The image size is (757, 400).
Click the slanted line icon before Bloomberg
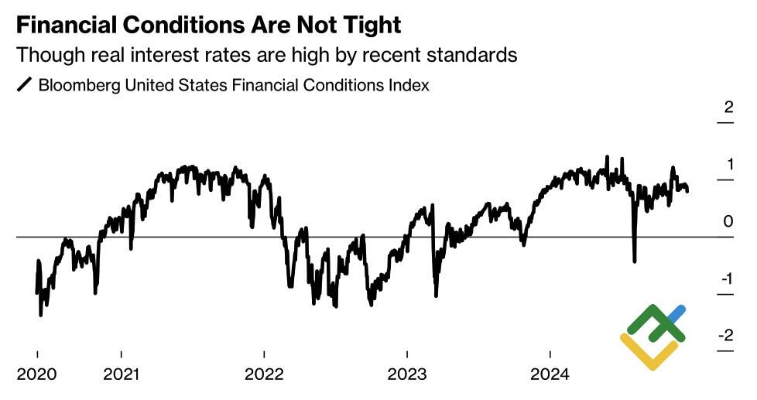coord(25,85)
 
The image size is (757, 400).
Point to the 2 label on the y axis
coord(728,107)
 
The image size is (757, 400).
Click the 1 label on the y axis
coord(728,164)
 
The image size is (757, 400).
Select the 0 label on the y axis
coord(728,222)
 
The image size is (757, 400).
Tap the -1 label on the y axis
coord(726,279)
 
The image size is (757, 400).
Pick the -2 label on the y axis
coord(725,336)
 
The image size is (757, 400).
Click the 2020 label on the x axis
coord(36,374)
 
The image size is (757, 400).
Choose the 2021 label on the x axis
coord(122,374)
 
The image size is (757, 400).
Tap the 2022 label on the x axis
coord(264,374)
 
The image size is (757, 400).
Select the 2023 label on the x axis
coord(407,374)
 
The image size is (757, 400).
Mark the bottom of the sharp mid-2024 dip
coord(635,262)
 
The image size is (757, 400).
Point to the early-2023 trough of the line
coord(437,296)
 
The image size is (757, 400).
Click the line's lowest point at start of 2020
coord(40,315)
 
